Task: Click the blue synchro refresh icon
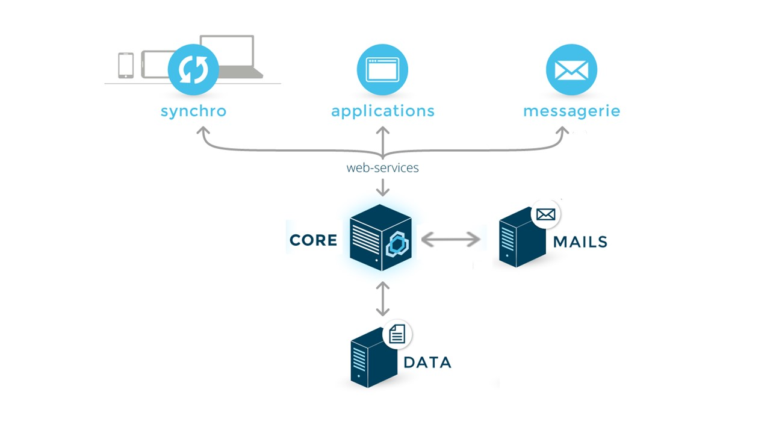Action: tap(193, 69)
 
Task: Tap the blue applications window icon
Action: tap(382, 69)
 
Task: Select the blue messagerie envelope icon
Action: tap(571, 70)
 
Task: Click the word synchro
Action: tap(193, 111)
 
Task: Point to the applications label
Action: tap(382, 111)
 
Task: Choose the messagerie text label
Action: tap(571, 111)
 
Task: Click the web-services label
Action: tap(382, 168)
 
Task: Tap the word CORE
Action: tap(313, 240)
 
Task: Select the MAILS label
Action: tap(580, 241)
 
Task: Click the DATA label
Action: tap(427, 362)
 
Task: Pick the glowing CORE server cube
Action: tap(380, 238)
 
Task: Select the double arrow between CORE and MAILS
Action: tap(450, 240)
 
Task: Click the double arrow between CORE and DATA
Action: tap(382, 299)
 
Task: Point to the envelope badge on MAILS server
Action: tap(545, 214)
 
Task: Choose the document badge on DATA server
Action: tap(397, 334)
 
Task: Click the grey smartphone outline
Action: tap(126, 65)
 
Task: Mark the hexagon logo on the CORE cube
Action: tap(397, 244)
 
